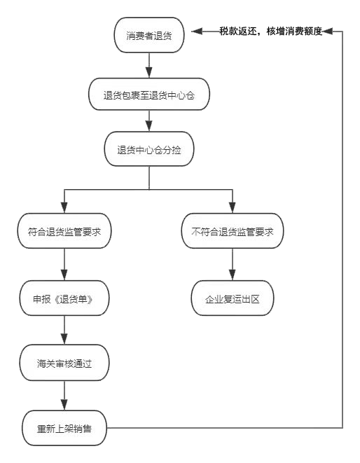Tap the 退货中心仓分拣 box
pyautogui.click(x=149, y=150)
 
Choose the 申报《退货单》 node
pyautogui.click(x=64, y=298)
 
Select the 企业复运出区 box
pyautogui.click(x=233, y=299)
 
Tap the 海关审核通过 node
pyautogui.click(x=64, y=364)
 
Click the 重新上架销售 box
pyautogui.click(x=64, y=428)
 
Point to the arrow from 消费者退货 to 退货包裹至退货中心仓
pyautogui.click(x=149, y=64)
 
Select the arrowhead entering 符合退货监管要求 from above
pyautogui.click(x=64, y=207)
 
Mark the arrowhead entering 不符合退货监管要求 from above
pyautogui.click(x=233, y=207)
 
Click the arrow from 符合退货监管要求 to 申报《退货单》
pyautogui.click(x=64, y=265)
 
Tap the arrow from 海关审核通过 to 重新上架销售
pyautogui.click(x=64, y=396)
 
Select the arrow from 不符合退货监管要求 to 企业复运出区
pyautogui.click(x=233, y=265)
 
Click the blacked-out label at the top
pyautogui.click(x=270, y=31)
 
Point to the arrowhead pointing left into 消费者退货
pyautogui.click(x=198, y=31)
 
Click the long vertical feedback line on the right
pyautogui.click(x=342, y=231)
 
